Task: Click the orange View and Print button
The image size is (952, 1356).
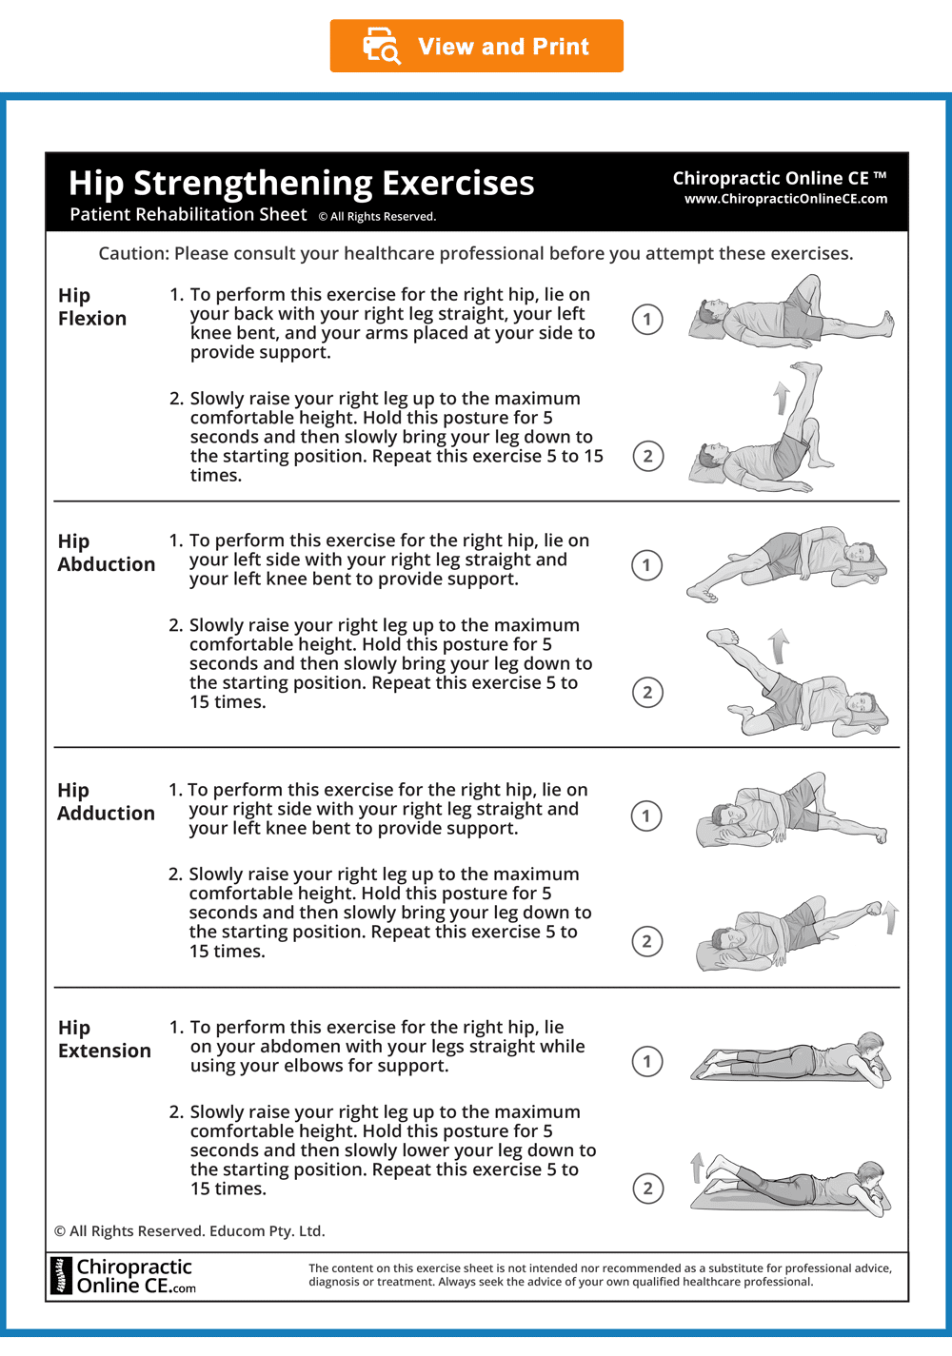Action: (x=477, y=46)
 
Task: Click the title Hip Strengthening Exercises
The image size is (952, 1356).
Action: (x=301, y=183)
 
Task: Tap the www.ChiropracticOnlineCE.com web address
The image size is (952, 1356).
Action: (x=785, y=199)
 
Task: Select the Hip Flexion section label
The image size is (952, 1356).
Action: (x=91, y=306)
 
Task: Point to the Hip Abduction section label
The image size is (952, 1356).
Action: (x=106, y=553)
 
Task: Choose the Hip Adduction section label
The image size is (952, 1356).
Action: (x=106, y=801)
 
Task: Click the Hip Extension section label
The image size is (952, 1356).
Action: (x=104, y=1039)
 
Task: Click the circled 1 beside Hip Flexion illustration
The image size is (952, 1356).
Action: (x=647, y=320)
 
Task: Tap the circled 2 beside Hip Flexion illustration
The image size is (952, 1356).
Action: (x=647, y=456)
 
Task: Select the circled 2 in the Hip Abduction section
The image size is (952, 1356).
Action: (x=647, y=692)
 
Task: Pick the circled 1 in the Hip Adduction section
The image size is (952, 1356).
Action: (x=646, y=816)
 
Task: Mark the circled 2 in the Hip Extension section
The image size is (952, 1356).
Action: (x=647, y=1188)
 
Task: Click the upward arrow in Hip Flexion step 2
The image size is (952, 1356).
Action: (x=782, y=398)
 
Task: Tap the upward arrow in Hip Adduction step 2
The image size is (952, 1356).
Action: (x=890, y=917)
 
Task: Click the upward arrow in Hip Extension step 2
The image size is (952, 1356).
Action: (x=697, y=1167)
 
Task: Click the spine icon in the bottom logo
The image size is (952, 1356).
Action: (x=62, y=1276)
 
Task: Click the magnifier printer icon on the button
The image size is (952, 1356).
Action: (x=382, y=46)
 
